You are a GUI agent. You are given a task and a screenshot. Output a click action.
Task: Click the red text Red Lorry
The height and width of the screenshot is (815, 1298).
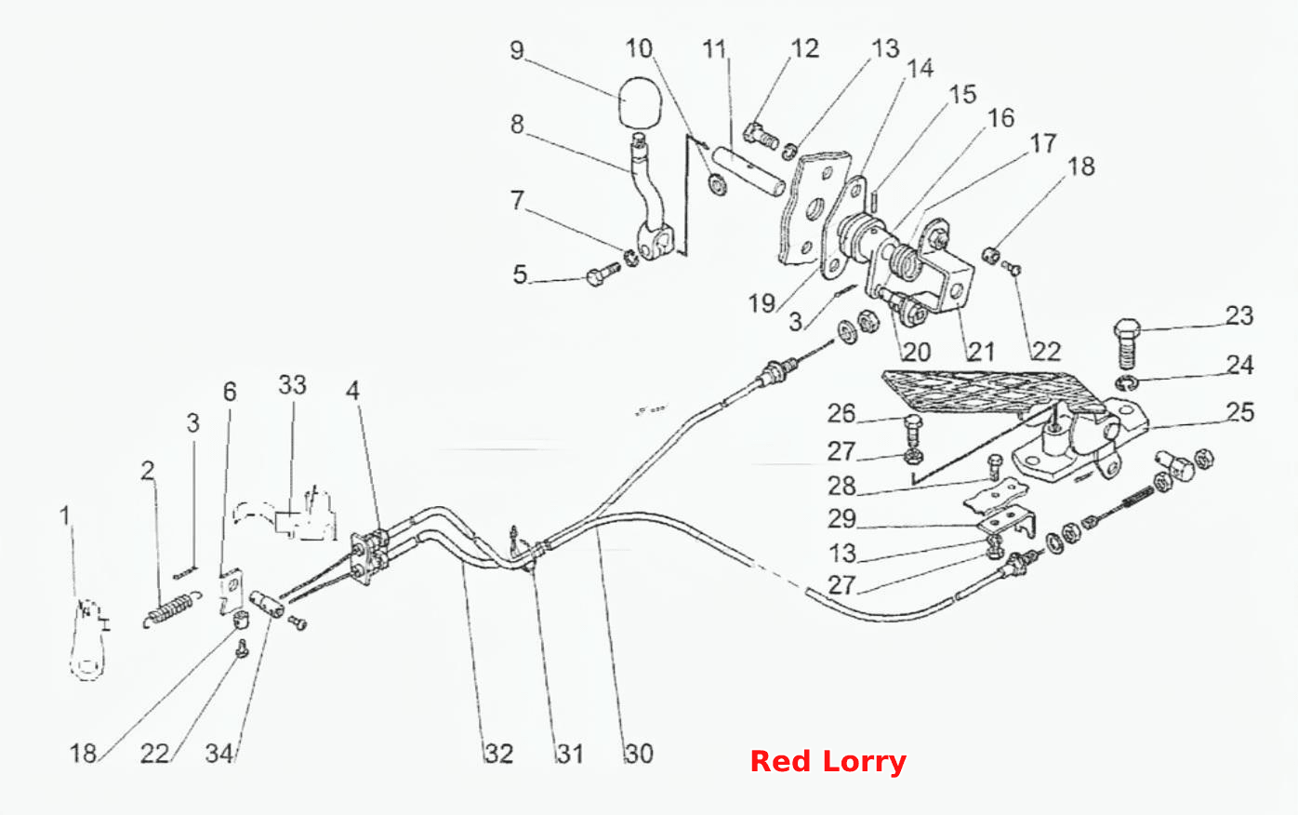(x=828, y=762)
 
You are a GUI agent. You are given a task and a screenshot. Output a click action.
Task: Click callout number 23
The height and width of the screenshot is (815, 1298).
(x=1238, y=316)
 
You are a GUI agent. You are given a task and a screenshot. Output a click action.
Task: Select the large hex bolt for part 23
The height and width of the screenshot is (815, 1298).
(x=1127, y=343)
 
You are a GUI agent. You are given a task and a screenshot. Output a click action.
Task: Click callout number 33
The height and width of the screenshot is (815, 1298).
(x=292, y=385)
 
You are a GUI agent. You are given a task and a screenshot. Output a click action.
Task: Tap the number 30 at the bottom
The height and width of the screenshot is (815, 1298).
(x=639, y=754)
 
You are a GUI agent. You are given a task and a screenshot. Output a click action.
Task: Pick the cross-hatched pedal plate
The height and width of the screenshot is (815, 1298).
(x=992, y=394)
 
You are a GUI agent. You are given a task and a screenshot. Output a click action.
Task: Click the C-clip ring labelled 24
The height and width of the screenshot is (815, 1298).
(x=1127, y=383)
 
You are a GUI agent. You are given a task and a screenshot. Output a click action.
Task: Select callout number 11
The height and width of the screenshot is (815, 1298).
(x=714, y=50)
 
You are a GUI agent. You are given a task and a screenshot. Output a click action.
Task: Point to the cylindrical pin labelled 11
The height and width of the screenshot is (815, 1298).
(x=749, y=172)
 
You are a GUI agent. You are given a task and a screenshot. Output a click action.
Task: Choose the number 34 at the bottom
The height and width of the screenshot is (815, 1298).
(x=219, y=754)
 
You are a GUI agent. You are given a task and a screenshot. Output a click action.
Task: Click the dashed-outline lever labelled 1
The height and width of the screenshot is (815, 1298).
(x=90, y=637)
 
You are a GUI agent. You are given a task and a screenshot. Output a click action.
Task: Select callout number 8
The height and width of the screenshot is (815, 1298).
(x=517, y=124)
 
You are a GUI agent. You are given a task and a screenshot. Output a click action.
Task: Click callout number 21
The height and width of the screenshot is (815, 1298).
(x=981, y=352)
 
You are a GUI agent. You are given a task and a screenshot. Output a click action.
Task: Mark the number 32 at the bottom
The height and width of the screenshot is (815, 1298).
(x=499, y=754)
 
